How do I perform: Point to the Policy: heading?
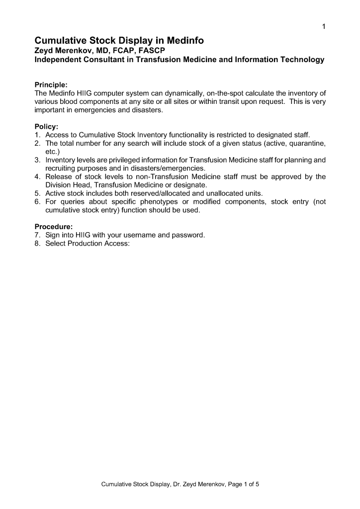[x=46, y=126]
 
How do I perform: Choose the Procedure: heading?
[x=54, y=227]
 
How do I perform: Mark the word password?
[x=189, y=235]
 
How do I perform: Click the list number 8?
[x=37, y=244]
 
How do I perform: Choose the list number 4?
[x=37, y=176]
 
